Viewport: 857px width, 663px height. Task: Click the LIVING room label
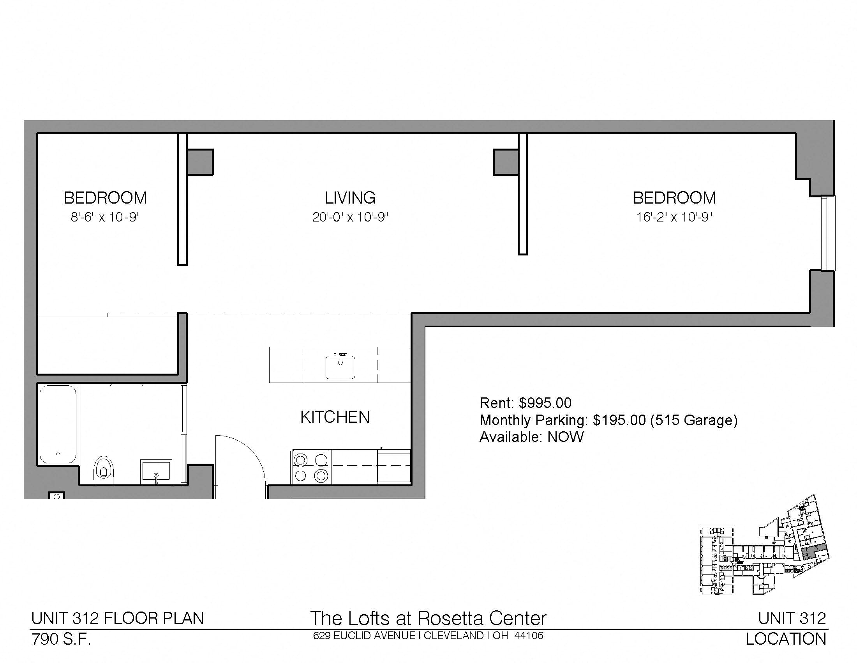click(350, 198)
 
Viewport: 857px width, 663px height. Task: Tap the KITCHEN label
click(335, 417)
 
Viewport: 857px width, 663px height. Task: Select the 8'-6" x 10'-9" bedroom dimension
click(105, 217)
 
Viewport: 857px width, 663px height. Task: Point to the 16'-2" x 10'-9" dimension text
click(674, 217)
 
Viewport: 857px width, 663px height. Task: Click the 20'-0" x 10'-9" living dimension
click(350, 217)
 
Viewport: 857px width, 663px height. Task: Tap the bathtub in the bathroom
click(58, 424)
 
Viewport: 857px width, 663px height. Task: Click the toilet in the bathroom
click(104, 469)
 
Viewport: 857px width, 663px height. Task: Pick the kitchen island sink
click(340, 367)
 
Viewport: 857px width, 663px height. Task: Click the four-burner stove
click(311, 467)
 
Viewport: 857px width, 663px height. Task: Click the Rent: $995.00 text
click(525, 402)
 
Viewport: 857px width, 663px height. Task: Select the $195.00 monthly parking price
click(619, 420)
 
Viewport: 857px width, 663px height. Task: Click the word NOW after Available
click(566, 437)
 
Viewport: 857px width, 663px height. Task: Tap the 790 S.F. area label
click(61, 640)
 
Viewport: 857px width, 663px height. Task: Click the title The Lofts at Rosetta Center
click(428, 618)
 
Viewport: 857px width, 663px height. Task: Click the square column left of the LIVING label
click(200, 162)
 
